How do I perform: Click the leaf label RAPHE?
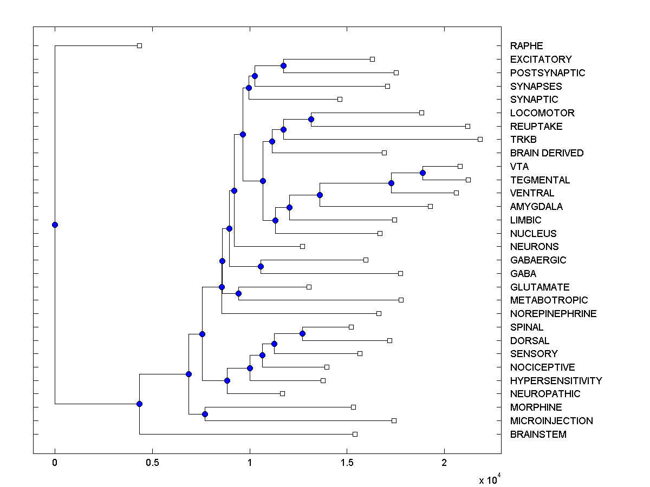[526, 46]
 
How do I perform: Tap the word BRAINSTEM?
[538, 435]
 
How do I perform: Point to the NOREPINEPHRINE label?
[553, 314]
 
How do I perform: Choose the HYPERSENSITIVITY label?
[556, 381]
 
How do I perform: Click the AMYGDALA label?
[536, 207]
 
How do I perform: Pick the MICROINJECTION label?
[551, 421]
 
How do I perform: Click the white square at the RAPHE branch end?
[139, 45]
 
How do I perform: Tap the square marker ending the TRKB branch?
[480, 139]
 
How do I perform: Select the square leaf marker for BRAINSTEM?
[355, 434]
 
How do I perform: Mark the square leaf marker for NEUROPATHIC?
[282, 393]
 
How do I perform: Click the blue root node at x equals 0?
[55, 225]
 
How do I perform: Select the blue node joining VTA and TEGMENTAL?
[422, 173]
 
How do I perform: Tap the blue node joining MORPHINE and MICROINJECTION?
[205, 414]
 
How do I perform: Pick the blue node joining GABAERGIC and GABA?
[261, 266]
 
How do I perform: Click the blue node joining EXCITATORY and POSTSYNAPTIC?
[283, 65]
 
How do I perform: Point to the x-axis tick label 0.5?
[152, 463]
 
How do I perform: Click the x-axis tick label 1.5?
[347, 463]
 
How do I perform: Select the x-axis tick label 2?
[444, 463]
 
